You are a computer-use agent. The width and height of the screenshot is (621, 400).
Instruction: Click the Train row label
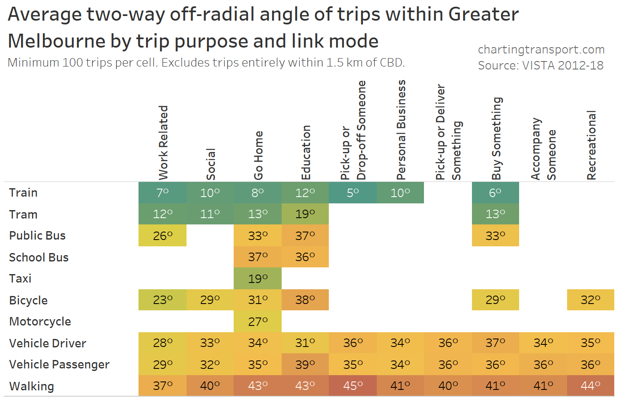click(x=24, y=193)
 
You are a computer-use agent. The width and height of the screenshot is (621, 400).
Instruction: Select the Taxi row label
click(x=20, y=279)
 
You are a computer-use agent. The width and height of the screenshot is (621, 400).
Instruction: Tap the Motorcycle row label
click(x=40, y=322)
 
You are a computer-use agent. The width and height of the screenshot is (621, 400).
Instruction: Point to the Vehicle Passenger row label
click(x=59, y=365)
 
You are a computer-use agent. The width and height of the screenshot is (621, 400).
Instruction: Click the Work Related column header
click(x=163, y=142)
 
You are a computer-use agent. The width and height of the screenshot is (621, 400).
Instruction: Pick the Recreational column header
click(x=591, y=145)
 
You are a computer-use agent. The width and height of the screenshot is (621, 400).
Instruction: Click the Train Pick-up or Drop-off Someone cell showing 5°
click(x=353, y=193)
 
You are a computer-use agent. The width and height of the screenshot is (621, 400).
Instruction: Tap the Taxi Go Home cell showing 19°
click(x=258, y=279)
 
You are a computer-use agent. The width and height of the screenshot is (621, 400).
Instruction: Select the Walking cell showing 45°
click(x=353, y=386)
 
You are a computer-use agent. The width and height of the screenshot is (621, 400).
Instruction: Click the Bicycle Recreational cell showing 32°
click(x=590, y=300)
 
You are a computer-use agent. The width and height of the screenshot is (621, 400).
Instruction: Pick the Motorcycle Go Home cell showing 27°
click(x=258, y=322)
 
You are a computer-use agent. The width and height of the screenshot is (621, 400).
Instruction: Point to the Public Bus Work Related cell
click(x=163, y=236)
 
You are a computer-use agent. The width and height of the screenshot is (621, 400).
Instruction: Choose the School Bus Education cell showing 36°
click(x=305, y=257)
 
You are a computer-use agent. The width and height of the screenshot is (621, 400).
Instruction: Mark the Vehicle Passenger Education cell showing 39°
click(x=305, y=365)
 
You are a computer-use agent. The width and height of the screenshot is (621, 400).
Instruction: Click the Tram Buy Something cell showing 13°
click(x=495, y=214)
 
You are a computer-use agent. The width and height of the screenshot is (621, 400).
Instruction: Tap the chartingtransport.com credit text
click(x=541, y=50)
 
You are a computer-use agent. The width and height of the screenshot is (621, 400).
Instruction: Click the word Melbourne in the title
click(x=56, y=41)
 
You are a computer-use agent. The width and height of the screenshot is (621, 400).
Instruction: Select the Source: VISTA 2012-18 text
click(x=541, y=66)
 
